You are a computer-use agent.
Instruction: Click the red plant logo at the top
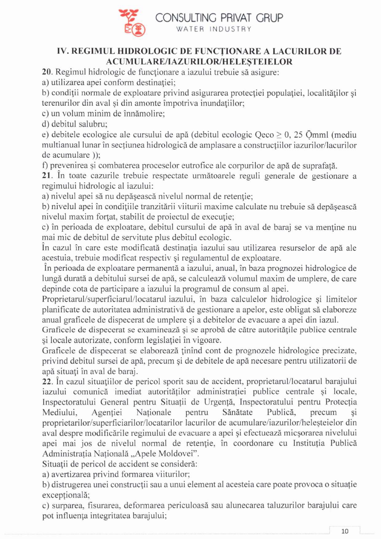tap(132, 22)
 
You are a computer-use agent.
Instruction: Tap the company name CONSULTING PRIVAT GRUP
tap(219, 18)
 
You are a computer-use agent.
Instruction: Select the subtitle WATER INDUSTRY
tap(214, 29)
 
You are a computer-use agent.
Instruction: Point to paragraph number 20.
tap(47, 72)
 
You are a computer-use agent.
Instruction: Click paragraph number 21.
tap(47, 176)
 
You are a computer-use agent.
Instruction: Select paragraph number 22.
tap(47, 382)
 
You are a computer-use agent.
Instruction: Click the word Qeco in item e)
tap(265, 135)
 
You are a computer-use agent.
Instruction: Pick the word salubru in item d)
tap(93, 124)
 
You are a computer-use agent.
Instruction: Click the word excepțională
tap(66, 495)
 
